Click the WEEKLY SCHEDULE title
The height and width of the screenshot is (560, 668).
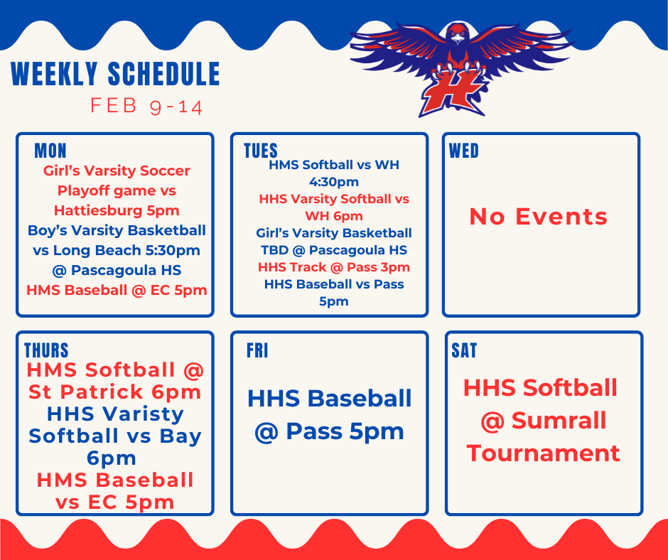point(115,75)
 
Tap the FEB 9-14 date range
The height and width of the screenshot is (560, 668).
point(146,107)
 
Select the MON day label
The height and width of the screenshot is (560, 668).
point(50,151)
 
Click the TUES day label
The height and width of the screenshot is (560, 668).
point(261,151)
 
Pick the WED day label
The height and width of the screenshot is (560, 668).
point(464,151)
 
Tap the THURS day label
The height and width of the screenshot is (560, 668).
point(46,350)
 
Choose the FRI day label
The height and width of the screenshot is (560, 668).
point(257,350)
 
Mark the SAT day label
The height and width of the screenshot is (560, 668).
point(464,350)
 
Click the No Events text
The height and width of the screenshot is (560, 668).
point(538,217)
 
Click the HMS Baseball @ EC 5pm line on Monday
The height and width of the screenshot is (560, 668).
point(117,290)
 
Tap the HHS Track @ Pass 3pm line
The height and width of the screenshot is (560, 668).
point(333,267)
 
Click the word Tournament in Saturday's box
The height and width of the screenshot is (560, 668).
point(543,453)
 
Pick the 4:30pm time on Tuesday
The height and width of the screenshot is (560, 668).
point(333,182)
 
